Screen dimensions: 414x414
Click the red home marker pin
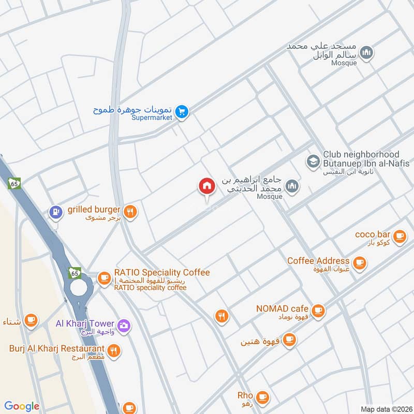206,186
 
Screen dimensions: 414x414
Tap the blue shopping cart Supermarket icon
181,111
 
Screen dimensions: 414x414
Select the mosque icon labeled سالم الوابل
366,53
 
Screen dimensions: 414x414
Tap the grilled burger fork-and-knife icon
130,211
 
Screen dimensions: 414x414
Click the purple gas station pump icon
55,212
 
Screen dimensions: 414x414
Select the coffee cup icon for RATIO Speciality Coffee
105,278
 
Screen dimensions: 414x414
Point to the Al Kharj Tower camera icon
124,325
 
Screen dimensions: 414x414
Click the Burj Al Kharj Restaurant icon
114,350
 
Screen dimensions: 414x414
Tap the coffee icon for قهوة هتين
289,339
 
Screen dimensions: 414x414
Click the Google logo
22,406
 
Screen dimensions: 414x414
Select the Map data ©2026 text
385,409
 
